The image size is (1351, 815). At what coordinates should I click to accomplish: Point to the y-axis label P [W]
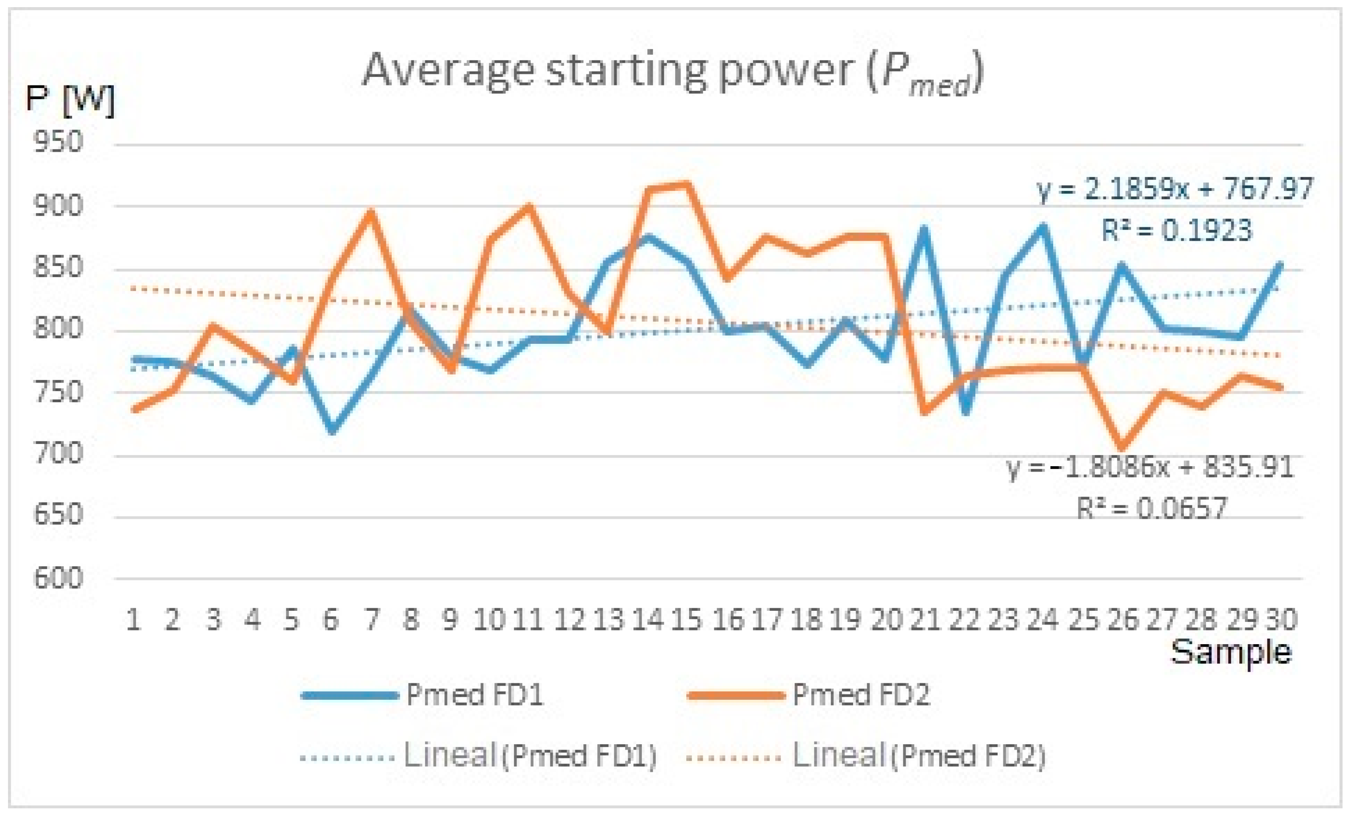pos(70,100)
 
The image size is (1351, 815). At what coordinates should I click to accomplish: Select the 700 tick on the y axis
pos(58,453)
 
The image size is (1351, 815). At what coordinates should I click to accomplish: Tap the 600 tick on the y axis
pos(58,578)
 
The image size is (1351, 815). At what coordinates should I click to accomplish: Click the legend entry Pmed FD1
pos(474,695)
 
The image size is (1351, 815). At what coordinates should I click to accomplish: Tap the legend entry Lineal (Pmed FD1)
pos(529,756)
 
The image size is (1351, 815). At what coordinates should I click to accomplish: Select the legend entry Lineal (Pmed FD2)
pos(918,756)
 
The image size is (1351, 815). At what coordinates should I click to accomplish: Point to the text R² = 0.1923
pos(1177,230)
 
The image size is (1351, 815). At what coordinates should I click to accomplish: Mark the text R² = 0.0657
pos(1151,508)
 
